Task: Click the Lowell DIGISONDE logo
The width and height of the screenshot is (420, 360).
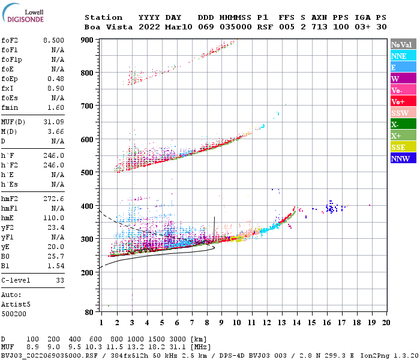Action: coord(24,14)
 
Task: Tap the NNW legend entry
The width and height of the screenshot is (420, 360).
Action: coord(400,158)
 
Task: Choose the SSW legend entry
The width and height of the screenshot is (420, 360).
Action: coord(400,113)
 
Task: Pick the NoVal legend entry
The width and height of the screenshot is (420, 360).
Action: coord(400,44)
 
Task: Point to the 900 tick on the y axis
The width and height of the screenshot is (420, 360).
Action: coord(89,40)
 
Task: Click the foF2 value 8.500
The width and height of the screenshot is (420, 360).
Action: coord(53,40)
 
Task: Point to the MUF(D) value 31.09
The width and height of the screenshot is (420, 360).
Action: coord(53,122)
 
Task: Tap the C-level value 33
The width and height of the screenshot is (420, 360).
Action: coord(59,280)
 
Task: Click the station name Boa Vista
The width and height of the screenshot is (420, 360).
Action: coord(103,27)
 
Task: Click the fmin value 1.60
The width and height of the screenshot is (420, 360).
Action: coord(55,107)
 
